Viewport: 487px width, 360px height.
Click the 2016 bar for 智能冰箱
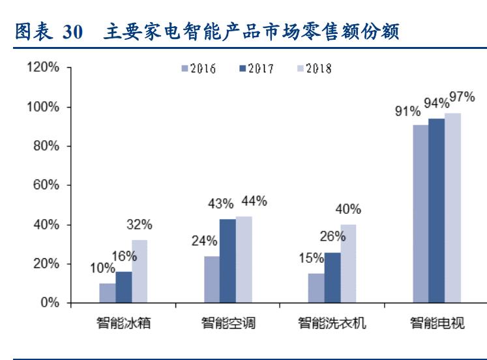tap(108, 293)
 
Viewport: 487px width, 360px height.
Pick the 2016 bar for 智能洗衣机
tap(316, 288)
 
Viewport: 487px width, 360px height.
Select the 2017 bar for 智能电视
tap(436, 211)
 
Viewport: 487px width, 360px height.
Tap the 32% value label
tap(139, 225)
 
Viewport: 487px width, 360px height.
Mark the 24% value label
tap(205, 241)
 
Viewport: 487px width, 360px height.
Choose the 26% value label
tap(333, 236)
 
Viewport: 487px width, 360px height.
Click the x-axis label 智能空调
tap(221, 323)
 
